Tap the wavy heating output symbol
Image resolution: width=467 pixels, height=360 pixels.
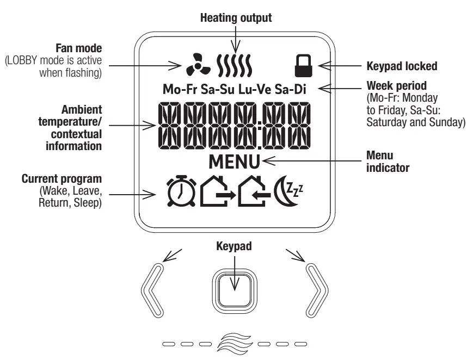click(x=234, y=65)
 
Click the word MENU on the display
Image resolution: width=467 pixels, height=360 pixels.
click(x=234, y=162)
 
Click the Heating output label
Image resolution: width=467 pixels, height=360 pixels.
click(x=236, y=17)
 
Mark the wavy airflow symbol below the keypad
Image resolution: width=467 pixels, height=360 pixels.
click(x=234, y=344)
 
